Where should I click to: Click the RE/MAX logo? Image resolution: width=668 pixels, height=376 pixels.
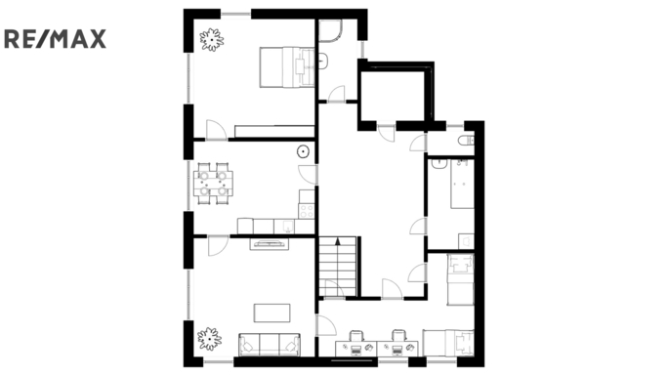point(55,39)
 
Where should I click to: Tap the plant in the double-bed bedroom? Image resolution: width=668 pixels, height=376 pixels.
point(212,40)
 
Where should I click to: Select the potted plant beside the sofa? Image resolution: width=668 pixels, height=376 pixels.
point(209,339)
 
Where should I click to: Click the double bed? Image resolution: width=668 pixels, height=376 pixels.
point(287,66)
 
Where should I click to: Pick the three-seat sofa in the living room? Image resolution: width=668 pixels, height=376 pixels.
point(270,345)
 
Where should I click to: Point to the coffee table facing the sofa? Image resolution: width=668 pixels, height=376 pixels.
point(272,313)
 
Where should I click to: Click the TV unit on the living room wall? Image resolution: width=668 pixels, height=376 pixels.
point(269,244)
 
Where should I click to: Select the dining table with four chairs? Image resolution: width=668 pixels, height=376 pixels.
point(213,183)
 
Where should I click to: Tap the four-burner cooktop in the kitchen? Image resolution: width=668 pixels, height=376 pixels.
point(307,211)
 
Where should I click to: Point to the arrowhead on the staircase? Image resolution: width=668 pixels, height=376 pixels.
point(338,241)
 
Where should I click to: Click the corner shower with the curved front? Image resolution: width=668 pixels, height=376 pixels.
point(331,31)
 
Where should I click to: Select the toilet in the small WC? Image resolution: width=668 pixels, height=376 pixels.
point(466,140)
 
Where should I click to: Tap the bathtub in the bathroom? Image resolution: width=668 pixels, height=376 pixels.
point(462,183)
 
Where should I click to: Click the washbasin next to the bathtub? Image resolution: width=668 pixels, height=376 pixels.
point(438,164)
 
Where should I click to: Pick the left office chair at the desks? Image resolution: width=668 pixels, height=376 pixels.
point(356,336)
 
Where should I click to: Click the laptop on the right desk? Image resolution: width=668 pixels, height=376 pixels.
point(397,350)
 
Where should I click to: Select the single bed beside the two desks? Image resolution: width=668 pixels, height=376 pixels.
point(448,343)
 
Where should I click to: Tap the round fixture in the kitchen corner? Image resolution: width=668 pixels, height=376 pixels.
point(303,150)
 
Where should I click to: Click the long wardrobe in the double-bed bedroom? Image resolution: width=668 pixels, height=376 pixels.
point(274,131)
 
